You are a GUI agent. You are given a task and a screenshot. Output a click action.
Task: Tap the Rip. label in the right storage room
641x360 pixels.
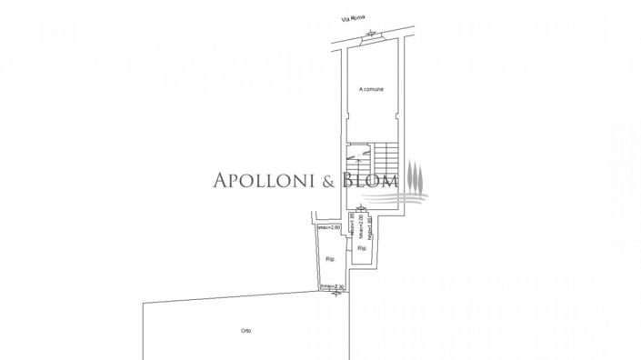(361, 247)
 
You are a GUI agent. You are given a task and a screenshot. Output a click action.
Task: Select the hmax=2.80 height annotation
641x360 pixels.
(329, 226)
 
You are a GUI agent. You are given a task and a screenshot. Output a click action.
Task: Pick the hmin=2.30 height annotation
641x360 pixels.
(334, 288)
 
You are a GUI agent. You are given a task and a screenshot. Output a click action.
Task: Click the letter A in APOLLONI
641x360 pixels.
(218, 180)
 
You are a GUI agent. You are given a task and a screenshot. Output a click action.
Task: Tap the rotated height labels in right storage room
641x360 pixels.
(362, 226)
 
